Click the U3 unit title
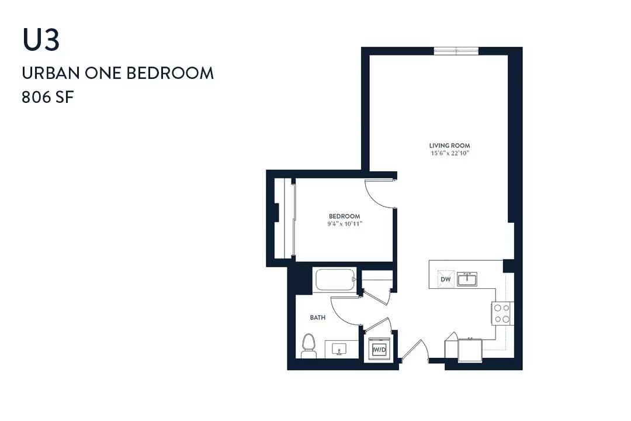tap(41, 40)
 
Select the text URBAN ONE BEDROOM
tap(117, 73)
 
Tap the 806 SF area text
tap(48, 98)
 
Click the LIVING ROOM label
tap(449, 146)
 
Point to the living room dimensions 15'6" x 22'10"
tap(449, 153)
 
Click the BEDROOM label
tap(345, 216)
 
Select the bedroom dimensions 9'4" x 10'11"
tap(345, 223)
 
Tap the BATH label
tap(317, 318)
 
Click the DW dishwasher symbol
tap(445, 279)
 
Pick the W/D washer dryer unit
tap(379, 349)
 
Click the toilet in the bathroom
tap(308, 346)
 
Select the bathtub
tap(335, 279)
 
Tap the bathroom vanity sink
tap(339, 349)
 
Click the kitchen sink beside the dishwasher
tap(467, 279)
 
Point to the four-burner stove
tap(501, 313)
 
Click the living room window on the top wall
tap(456, 51)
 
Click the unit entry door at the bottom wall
tap(414, 349)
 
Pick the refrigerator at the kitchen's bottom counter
tap(470, 350)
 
